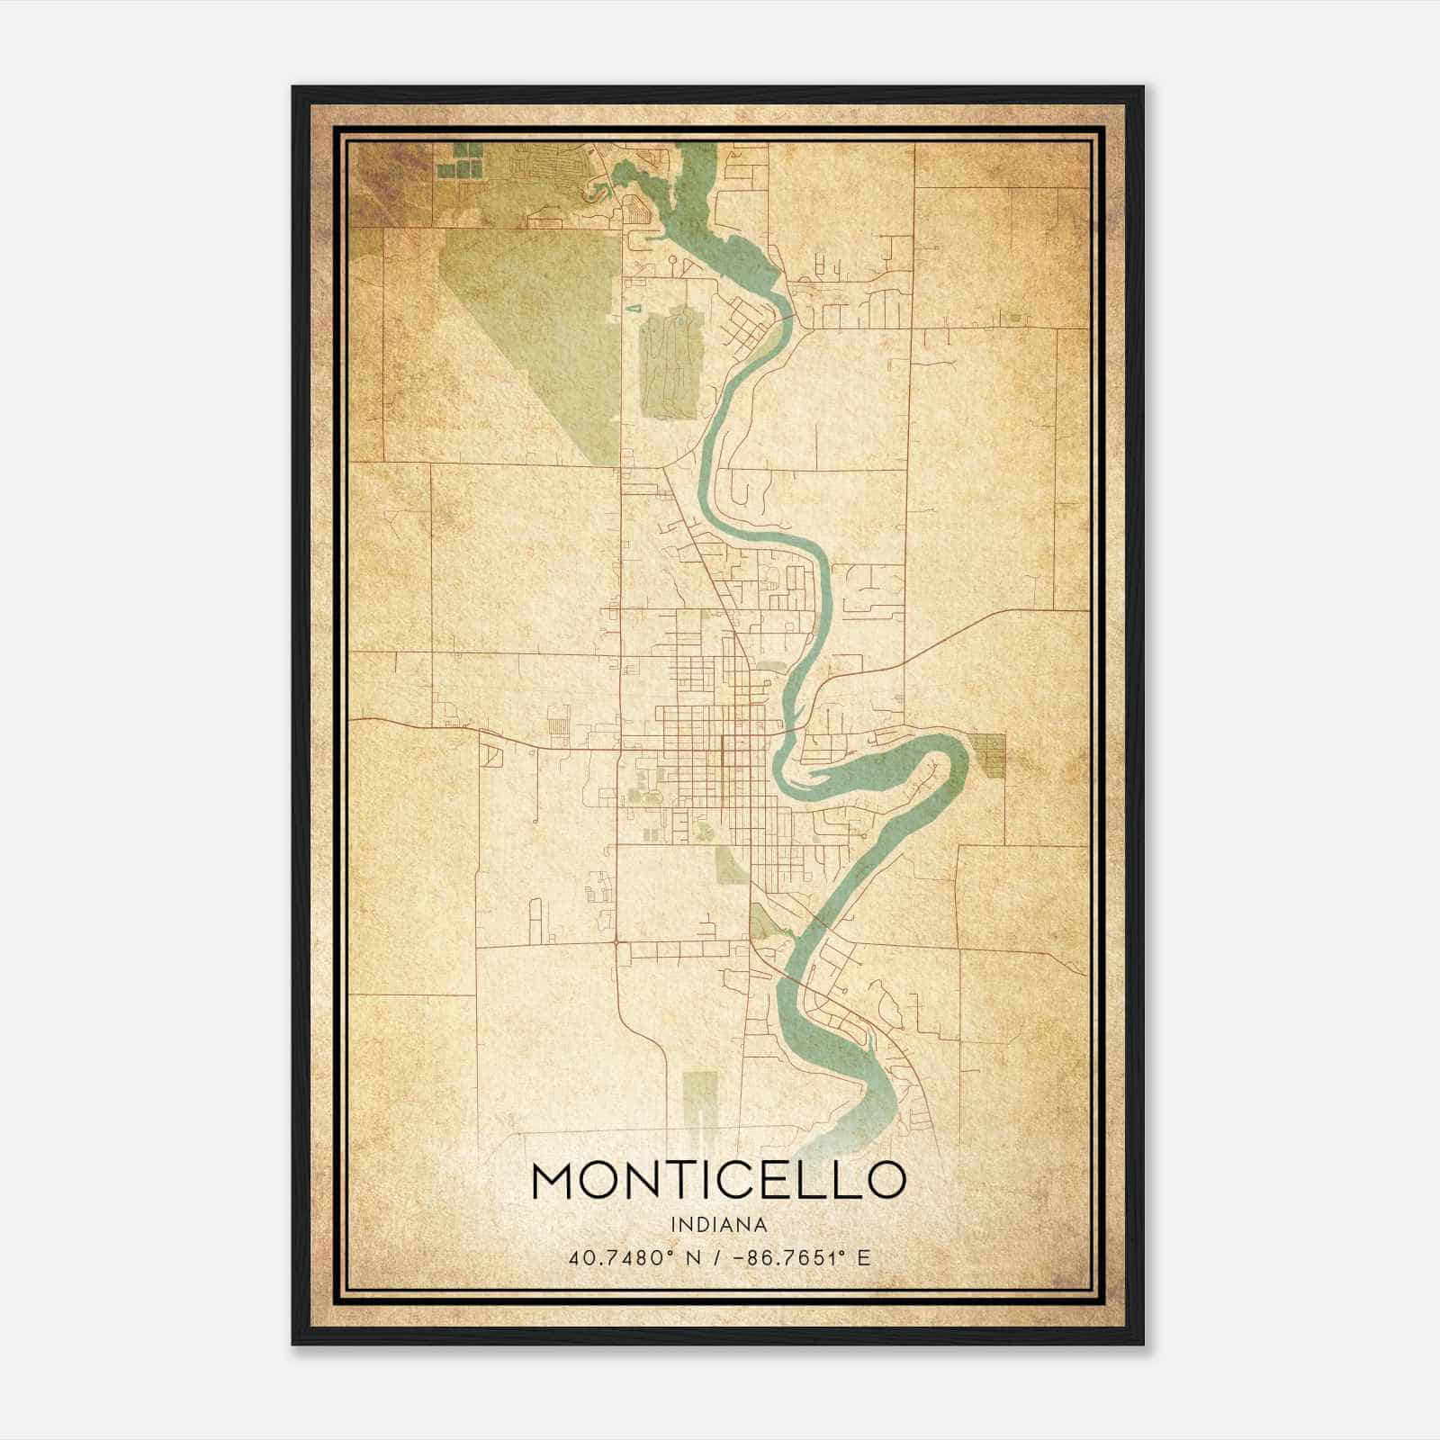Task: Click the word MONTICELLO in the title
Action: [718, 1180]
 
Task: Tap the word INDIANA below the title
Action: [718, 1225]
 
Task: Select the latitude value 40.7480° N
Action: [634, 1258]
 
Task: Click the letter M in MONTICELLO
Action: [555, 1180]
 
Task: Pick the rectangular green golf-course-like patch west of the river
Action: [669, 364]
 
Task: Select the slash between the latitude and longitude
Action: [714, 1258]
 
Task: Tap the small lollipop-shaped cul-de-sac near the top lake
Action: [671, 261]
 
